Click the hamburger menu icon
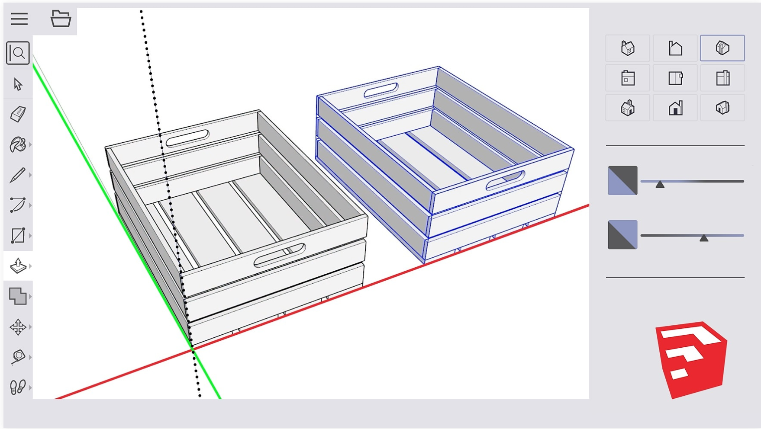(19, 19)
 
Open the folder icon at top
(61, 19)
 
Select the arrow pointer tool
(18, 84)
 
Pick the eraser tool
(18, 114)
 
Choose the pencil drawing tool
(18, 175)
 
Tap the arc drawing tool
(18, 205)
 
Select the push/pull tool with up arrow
(18, 266)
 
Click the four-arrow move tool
(18, 327)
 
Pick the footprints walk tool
(18, 387)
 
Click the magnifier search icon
(18, 53)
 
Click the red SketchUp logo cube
(691, 359)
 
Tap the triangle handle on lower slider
(704, 238)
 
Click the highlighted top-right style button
(722, 48)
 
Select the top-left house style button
(628, 48)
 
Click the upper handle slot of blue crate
(381, 90)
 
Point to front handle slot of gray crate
(280, 256)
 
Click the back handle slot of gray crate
(187, 139)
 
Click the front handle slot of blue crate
(505, 181)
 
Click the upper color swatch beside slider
(622, 180)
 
